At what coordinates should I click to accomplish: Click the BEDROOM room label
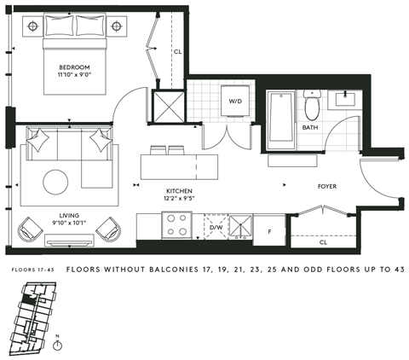click(74, 67)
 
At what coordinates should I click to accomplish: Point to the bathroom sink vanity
click(348, 96)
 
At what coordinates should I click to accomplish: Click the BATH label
click(310, 128)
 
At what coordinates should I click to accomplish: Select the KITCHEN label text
click(179, 191)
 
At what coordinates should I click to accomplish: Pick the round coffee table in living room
click(57, 182)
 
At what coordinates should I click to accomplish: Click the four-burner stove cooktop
click(176, 224)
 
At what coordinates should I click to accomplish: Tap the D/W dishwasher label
click(216, 228)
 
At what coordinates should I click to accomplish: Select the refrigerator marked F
click(269, 229)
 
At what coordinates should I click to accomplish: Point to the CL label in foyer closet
click(323, 242)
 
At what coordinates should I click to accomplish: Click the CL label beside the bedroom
click(176, 51)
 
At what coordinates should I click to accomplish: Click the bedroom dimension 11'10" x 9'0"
click(74, 75)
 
